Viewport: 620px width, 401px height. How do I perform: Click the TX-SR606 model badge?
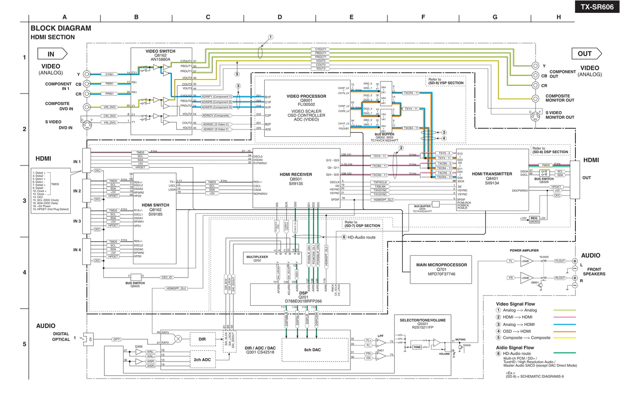[597, 7]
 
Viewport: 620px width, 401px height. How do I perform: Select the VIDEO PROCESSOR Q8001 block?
[306, 108]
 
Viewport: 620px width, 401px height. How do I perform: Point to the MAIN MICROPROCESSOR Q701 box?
[441, 269]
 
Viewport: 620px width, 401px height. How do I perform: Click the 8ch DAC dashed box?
[312, 350]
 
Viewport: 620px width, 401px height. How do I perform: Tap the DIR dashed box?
[202, 339]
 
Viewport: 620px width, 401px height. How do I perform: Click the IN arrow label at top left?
[52, 54]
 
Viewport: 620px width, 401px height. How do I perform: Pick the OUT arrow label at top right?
[585, 54]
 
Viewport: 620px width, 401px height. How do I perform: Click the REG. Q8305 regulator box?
[534, 219]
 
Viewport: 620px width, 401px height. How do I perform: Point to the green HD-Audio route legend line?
[564, 353]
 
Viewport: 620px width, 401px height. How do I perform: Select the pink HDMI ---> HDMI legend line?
[564, 317]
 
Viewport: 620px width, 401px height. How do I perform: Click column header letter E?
[351, 17]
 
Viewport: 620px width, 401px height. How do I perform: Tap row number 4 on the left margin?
[24, 272]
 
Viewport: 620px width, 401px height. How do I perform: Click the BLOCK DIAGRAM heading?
[60, 28]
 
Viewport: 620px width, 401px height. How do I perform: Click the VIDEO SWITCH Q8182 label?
[160, 55]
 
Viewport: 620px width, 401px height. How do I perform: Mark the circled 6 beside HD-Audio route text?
[344, 237]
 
